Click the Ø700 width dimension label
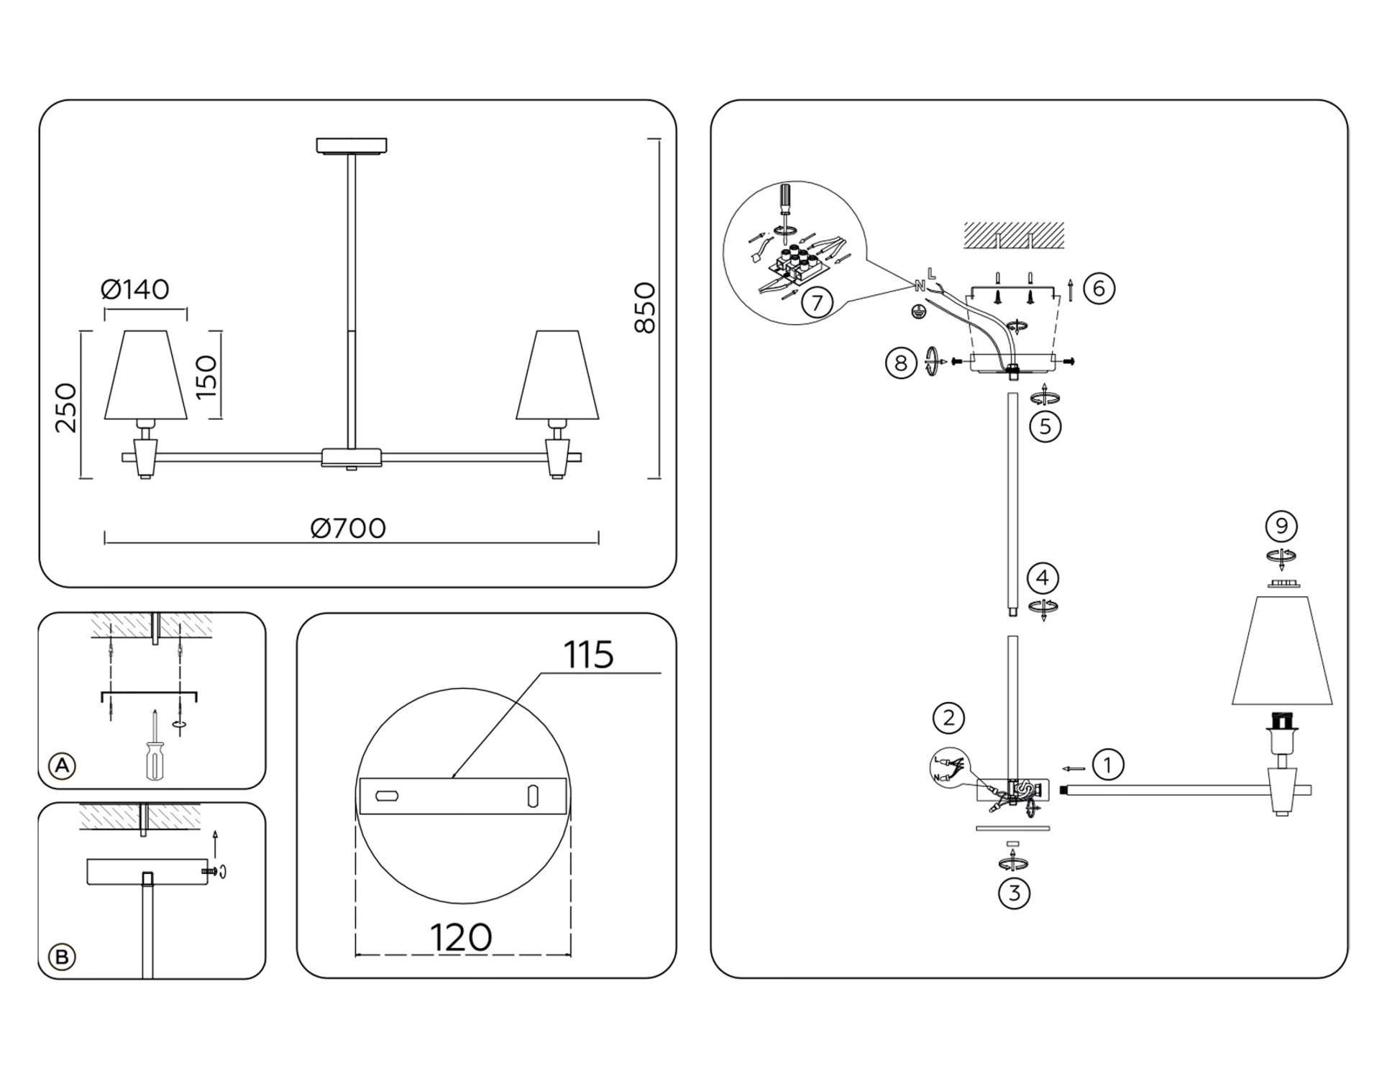(348, 529)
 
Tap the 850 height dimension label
(645, 308)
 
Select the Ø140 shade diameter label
(135, 290)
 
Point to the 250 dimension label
(65, 407)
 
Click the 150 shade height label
(206, 376)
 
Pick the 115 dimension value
(588, 655)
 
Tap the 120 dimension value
(461, 938)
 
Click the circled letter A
(63, 765)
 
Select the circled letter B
(62, 957)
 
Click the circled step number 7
(817, 303)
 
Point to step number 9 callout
(1281, 527)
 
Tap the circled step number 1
(1107, 765)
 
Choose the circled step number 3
(1014, 893)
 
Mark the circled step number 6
(1099, 288)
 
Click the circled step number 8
(900, 363)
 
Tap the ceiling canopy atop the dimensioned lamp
(352, 146)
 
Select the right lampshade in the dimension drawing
(557, 375)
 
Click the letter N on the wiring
(920, 286)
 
